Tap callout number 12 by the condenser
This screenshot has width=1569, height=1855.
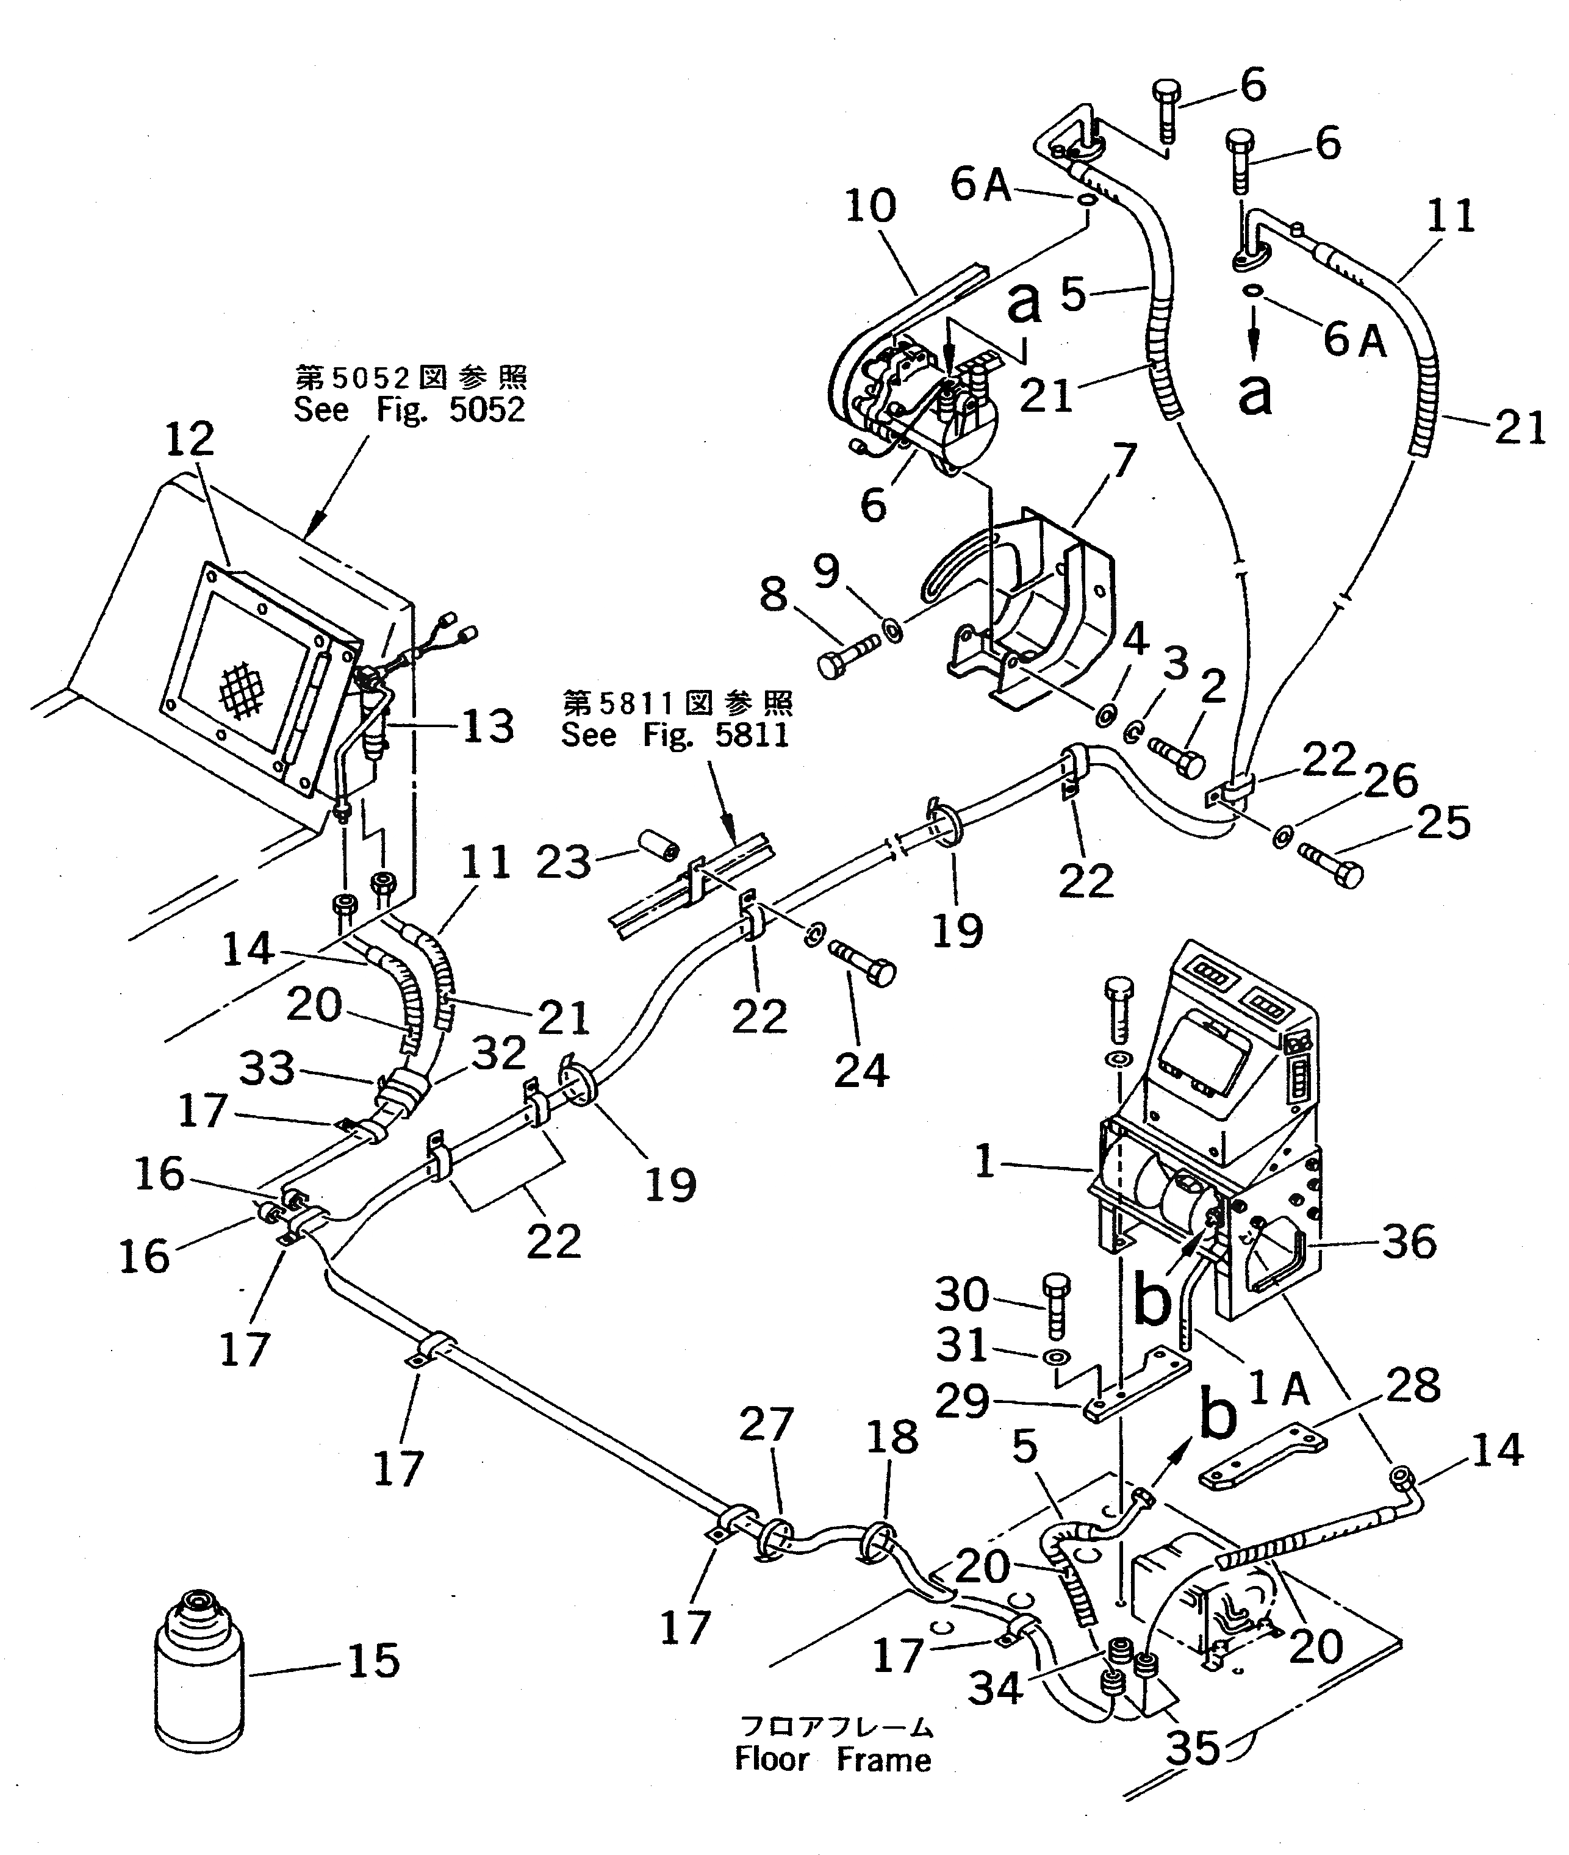tap(190, 439)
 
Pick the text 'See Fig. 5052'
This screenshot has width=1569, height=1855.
tap(410, 410)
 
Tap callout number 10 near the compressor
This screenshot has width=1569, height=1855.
tap(871, 206)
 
